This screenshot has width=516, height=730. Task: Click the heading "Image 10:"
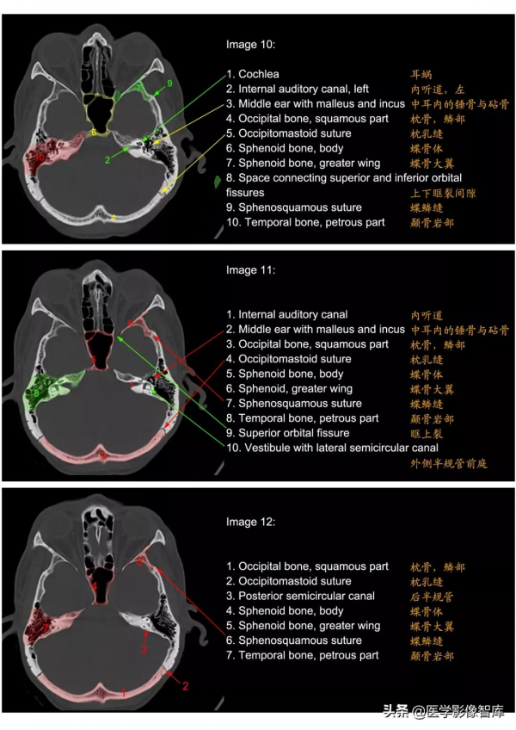pos(250,44)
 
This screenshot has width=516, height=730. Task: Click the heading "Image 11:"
pos(250,270)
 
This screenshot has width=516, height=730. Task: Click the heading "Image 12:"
pos(250,522)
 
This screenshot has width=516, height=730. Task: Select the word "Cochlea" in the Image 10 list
pos(258,74)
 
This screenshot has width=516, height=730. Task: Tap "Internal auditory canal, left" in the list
pos(296,89)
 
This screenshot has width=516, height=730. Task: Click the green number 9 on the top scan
pos(169,83)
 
